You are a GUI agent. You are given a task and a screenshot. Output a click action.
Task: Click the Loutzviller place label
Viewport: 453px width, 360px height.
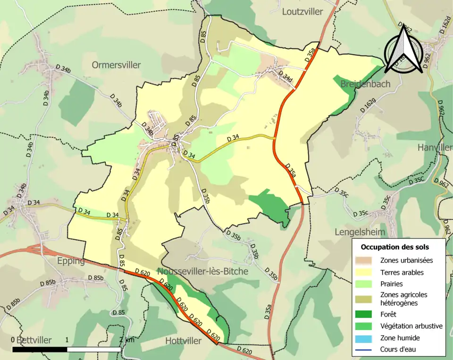[302, 11]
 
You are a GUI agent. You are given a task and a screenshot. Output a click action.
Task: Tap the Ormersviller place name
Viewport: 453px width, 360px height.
[117, 65]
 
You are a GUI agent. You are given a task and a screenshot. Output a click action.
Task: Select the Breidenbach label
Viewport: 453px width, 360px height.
[365, 84]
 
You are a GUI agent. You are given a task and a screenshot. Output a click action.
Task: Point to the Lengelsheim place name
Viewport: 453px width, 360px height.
[360, 232]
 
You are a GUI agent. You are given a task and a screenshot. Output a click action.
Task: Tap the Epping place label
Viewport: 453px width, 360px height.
[69, 261]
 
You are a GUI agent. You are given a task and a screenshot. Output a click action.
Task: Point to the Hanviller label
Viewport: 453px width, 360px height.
[435, 148]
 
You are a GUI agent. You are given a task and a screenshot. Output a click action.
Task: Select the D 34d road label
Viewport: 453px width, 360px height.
[285, 75]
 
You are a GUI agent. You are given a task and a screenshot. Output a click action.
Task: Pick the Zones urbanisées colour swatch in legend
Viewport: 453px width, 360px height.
[366, 260]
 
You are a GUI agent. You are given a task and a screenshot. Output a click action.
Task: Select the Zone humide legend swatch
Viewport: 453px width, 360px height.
[366, 338]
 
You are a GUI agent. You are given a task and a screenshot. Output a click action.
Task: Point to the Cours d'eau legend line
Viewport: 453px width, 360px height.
[366, 350]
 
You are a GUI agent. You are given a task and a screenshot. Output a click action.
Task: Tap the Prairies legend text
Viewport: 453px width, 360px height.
[392, 284]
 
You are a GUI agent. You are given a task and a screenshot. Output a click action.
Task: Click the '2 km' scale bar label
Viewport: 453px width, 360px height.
[126, 340]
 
